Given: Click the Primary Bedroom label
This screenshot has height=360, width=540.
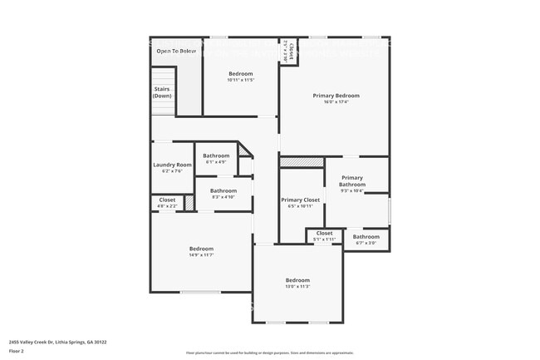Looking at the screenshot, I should click(336, 96).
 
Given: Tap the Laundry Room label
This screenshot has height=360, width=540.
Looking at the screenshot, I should click(172, 165).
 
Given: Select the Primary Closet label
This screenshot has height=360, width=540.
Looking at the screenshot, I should click(300, 200).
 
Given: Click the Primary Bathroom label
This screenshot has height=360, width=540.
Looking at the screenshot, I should click(352, 180).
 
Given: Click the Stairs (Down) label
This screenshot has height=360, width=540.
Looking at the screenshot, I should click(162, 92).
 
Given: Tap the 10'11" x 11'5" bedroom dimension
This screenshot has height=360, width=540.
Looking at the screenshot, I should click(240, 81).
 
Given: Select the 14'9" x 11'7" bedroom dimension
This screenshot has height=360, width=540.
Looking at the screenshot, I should click(201, 255).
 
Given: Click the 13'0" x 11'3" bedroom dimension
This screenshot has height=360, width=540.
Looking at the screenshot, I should click(297, 287).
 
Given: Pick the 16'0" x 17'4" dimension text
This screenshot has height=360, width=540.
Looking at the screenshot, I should click(336, 102).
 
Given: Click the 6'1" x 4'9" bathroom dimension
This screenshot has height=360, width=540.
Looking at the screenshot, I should click(216, 162).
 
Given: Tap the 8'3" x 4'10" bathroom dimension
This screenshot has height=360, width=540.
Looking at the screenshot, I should click(223, 197).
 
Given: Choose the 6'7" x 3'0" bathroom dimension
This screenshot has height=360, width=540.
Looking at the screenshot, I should click(366, 243).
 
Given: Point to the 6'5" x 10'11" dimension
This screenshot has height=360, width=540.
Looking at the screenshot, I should click(300, 206).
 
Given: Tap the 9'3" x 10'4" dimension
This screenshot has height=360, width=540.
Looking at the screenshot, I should click(352, 191).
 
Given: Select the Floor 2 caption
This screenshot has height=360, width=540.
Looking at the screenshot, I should click(17, 352).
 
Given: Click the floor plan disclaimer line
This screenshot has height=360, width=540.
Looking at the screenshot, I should click(269, 353).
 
